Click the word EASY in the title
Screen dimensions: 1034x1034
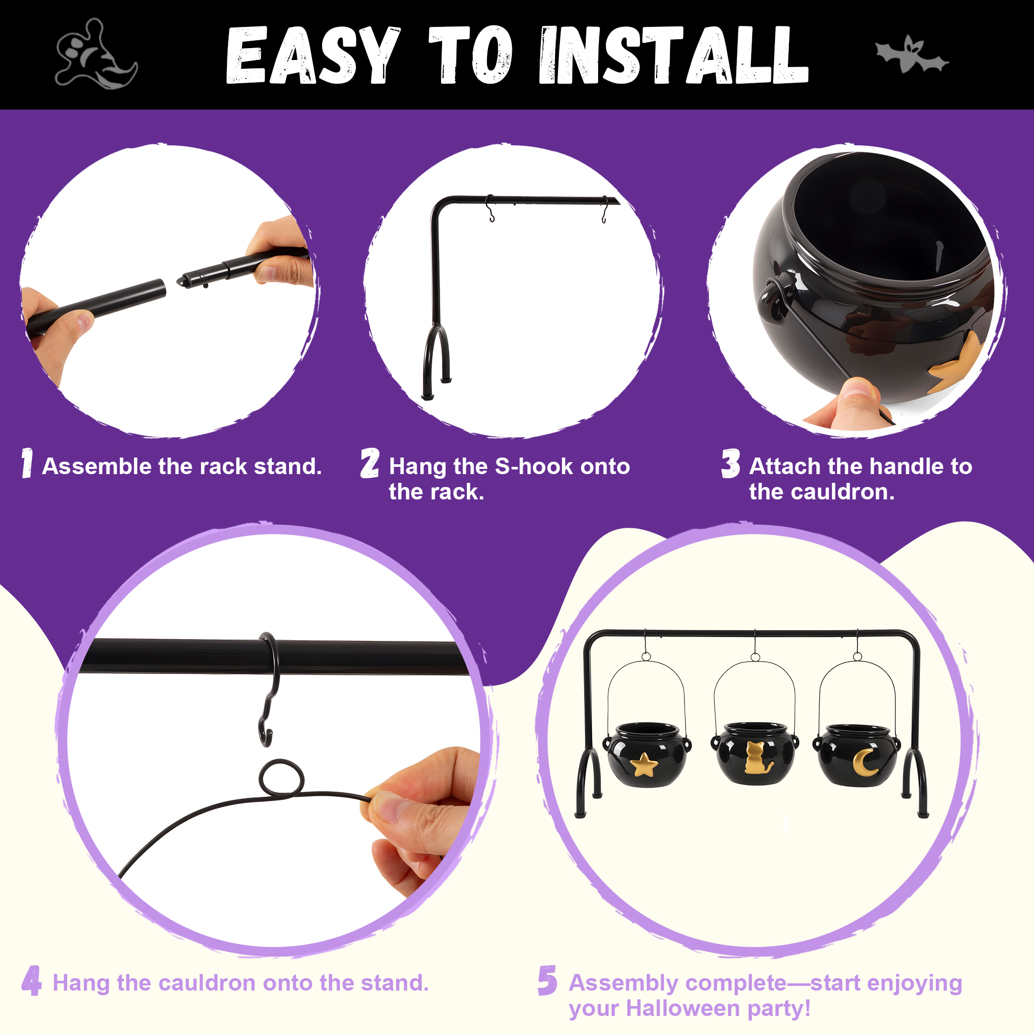point(313,55)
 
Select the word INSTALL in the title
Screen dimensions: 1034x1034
point(674,55)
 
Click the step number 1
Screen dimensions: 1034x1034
point(27,463)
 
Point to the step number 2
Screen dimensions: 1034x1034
point(370,463)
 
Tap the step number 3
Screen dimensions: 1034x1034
point(731,463)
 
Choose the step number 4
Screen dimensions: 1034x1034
point(32,981)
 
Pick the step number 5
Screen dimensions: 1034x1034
point(548,981)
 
